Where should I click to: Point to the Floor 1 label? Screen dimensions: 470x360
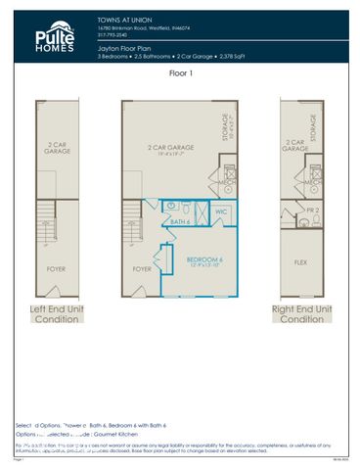(179, 72)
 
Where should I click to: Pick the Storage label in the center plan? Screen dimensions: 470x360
(229, 127)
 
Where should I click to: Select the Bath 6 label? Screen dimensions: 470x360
(180, 223)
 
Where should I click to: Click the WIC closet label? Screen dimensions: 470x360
(221, 211)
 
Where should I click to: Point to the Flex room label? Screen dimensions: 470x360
(301, 262)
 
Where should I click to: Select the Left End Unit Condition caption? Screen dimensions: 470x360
(56, 313)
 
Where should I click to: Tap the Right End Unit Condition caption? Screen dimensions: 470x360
(301, 313)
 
